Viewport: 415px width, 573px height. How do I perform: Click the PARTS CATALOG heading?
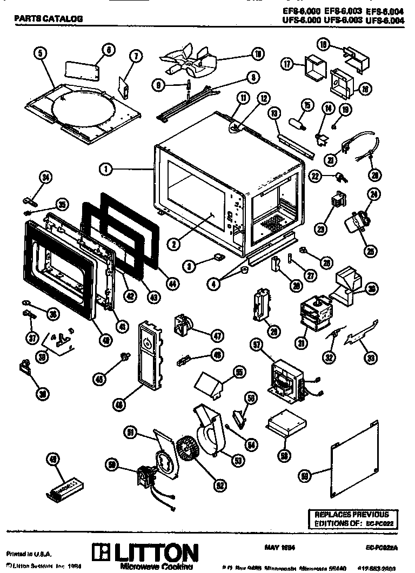[x=48, y=18]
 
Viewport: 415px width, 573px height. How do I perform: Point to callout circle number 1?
[x=106, y=169]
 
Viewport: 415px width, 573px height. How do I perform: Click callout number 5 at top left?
[x=41, y=52]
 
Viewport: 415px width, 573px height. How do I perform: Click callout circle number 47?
[x=217, y=336]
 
